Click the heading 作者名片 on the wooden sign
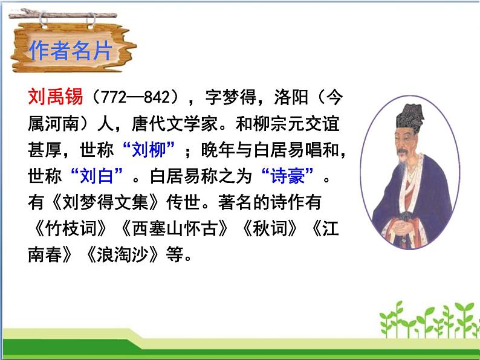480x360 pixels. [70, 51]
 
